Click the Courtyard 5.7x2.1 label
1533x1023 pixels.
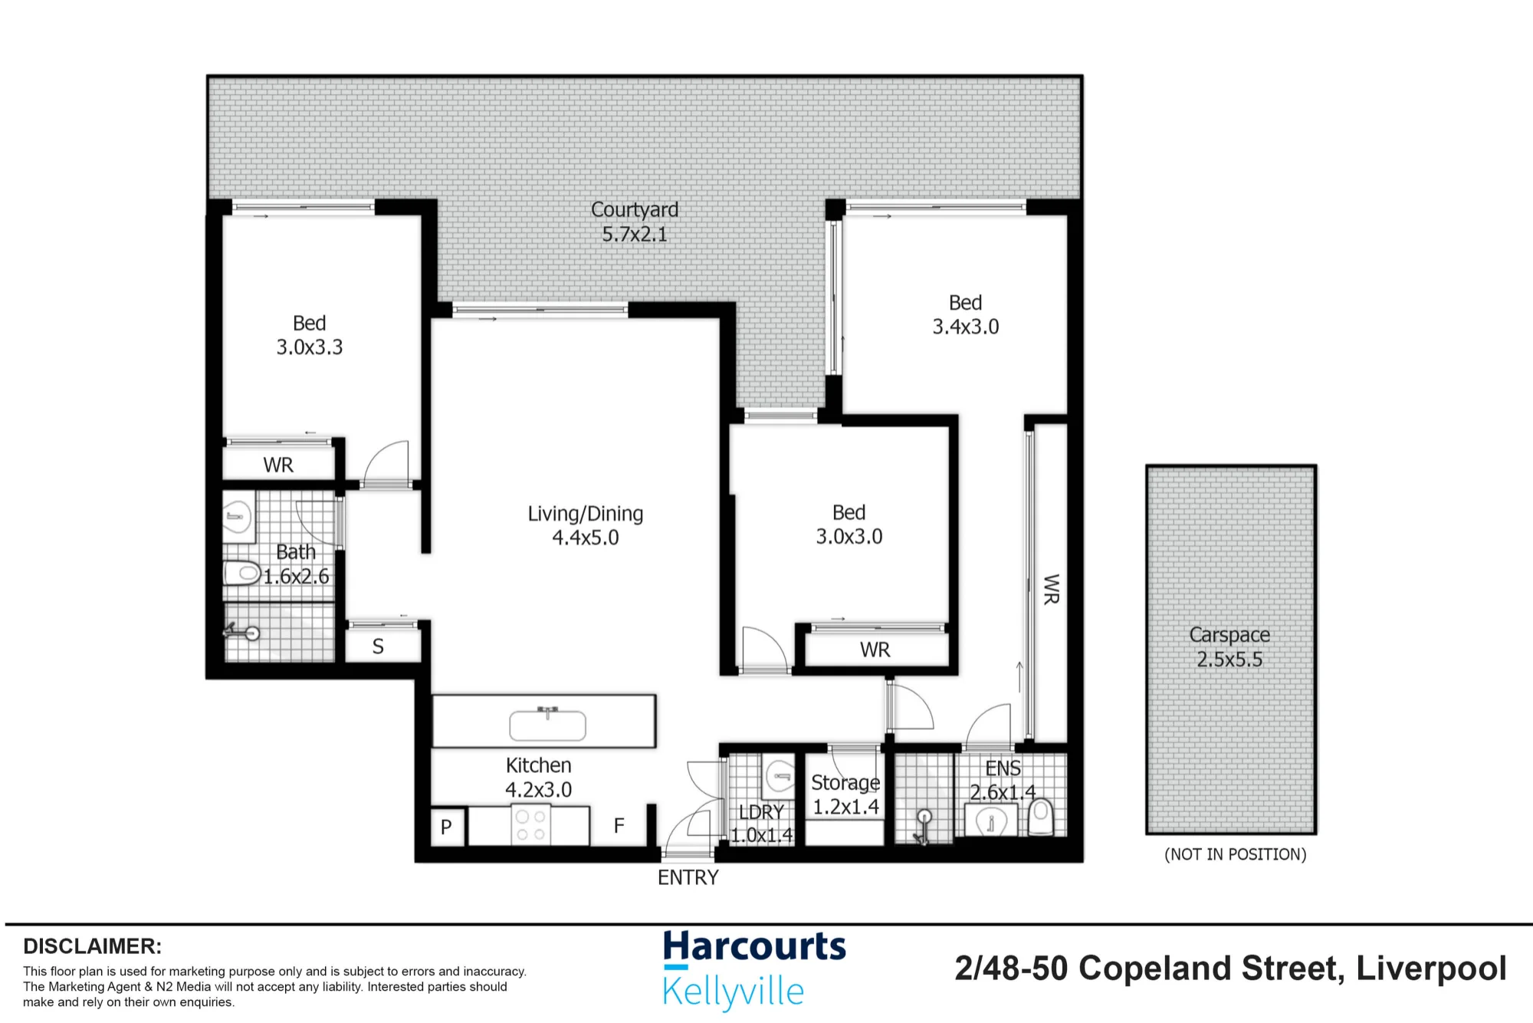point(635,222)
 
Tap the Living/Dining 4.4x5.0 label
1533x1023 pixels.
point(586,525)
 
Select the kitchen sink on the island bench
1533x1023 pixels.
point(547,724)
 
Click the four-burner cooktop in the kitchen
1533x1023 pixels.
point(530,825)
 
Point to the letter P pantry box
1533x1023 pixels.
point(447,827)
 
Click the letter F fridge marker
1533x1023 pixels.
point(619,825)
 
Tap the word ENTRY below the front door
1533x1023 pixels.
point(688,877)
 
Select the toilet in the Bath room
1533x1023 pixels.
point(242,573)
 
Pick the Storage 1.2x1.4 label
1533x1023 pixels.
point(845,794)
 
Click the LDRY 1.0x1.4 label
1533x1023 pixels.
point(762,824)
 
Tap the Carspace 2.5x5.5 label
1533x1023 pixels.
point(1229,647)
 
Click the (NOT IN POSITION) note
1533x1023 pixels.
point(1235,854)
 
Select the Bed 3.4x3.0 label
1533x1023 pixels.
point(966,315)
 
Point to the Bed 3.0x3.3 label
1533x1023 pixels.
point(310,335)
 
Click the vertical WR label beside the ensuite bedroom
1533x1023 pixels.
point(1051,589)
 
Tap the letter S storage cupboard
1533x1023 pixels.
point(378,646)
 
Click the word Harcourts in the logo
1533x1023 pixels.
point(754,947)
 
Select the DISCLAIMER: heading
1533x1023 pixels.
point(92,946)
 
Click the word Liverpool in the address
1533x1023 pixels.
point(1431,969)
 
